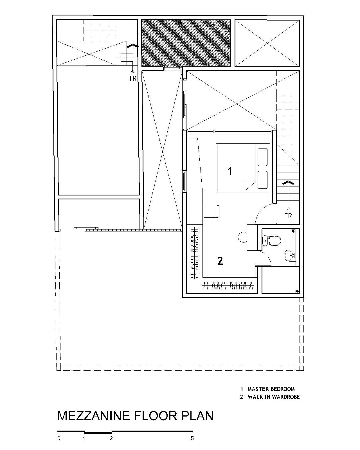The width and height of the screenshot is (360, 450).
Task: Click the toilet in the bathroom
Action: pos(272,240)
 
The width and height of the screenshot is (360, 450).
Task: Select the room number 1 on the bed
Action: pos(230,171)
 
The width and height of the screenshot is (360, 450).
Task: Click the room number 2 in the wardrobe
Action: pos(220,261)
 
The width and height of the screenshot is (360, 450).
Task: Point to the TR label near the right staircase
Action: pos(288,216)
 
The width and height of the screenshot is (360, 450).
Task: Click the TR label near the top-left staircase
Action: pos(132,78)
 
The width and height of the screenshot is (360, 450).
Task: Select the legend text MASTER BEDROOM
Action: pos(271,389)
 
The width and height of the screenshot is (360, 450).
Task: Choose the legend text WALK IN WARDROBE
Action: pos(273,397)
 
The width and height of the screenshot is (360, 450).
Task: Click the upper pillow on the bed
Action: pos(262,157)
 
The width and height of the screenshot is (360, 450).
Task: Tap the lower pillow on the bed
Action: pos(262,179)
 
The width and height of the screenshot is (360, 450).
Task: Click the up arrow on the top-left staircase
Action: pos(132,46)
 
